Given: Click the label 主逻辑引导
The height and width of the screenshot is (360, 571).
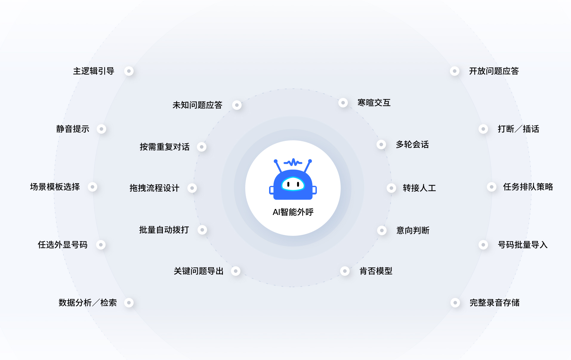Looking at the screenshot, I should (x=94, y=71).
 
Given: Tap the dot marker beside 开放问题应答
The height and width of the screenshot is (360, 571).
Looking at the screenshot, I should (x=454, y=71).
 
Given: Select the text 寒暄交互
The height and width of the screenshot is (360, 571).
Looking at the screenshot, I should (x=374, y=103).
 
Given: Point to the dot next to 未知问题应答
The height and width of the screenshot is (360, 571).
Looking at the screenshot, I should (x=237, y=105).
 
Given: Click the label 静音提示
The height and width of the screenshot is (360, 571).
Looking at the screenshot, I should (x=73, y=129).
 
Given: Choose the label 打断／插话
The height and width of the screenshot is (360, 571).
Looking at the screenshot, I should (x=518, y=129).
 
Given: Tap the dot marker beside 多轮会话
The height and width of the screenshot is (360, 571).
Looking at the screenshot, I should (x=381, y=144).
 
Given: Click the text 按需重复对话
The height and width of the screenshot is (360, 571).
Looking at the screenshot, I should (x=165, y=147).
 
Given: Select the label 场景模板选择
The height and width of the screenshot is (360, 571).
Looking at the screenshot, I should (x=55, y=187).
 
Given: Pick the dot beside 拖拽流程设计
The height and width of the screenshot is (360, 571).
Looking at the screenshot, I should (x=192, y=188).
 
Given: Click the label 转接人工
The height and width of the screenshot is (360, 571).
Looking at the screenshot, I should (x=419, y=188).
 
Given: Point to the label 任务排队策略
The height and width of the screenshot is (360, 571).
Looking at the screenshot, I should (x=528, y=187).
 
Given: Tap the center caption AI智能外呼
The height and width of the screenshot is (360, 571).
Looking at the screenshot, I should (x=293, y=212).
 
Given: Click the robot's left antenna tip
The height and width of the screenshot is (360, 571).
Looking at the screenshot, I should (x=276, y=161).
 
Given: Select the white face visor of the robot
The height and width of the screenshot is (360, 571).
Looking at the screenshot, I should (x=293, y=184).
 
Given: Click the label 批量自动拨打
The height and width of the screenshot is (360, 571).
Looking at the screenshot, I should (x=164, y=230).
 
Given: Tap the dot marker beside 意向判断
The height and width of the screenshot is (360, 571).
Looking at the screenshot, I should (x=382, y=230).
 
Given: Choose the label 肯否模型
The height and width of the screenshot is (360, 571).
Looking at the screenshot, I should (x=376, y=271).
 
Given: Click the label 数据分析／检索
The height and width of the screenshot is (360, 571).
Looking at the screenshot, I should (x=88, y=303).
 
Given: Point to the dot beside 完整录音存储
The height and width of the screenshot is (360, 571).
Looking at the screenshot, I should (x=455, y=303).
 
